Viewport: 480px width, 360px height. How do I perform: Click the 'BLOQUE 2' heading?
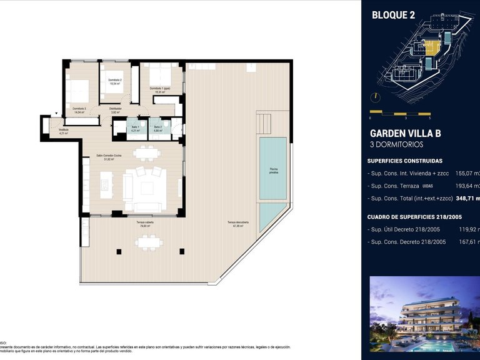click(393, 15)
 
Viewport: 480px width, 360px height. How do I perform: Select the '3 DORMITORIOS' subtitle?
click(396, 144)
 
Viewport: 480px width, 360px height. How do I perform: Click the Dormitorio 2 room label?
click(114, 81)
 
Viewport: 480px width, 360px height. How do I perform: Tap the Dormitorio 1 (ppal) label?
click(160, 90)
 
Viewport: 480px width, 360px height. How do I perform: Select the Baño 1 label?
click(136, 128)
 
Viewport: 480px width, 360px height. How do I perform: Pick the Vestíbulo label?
click(63, 131)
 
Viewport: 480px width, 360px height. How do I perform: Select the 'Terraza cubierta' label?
click(145, 224)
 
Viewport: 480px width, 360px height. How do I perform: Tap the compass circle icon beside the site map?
click(374, 97)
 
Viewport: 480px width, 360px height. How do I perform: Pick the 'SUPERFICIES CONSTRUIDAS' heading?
click(406, 161)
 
